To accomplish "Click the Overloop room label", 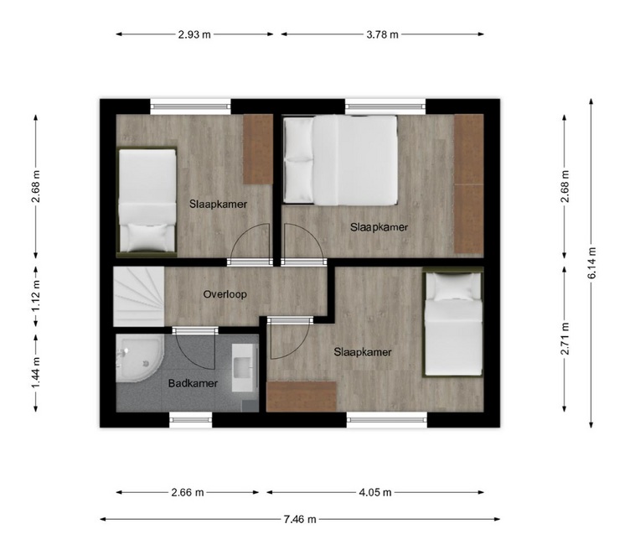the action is click(x=225, y=294).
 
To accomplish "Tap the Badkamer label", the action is click(x=193, y=383).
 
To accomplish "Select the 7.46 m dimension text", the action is click(x=300, y=519).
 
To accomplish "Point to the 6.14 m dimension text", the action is click(x=591, y=263).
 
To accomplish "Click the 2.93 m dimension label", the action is click(x=194, y=34).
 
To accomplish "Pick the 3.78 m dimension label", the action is click(x=382, y=34).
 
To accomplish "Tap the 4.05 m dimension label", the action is click(x=375, y=492).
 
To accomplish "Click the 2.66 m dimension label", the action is click(x=188, y=492).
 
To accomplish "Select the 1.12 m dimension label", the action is click(x=36, y=296).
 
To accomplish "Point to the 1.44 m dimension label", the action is click(x=36, y=373).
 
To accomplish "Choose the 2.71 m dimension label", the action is click(x=565, y=339).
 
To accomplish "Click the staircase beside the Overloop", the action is click(x=138, y=297).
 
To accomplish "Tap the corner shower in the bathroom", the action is click(x=139, y=359).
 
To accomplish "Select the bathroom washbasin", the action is click(x=245, y=367).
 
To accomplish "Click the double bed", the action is click(x=340, y=160).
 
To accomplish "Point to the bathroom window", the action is click(x=190, y=419).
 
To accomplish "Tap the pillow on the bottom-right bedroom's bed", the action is click(x=453, y=288).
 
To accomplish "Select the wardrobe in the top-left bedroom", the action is click(x=258, y=149).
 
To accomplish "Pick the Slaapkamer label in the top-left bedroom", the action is click(x=218, y=204).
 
